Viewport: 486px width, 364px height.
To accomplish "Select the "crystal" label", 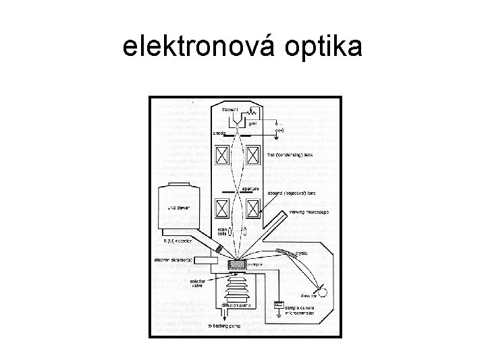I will [301, 253].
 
